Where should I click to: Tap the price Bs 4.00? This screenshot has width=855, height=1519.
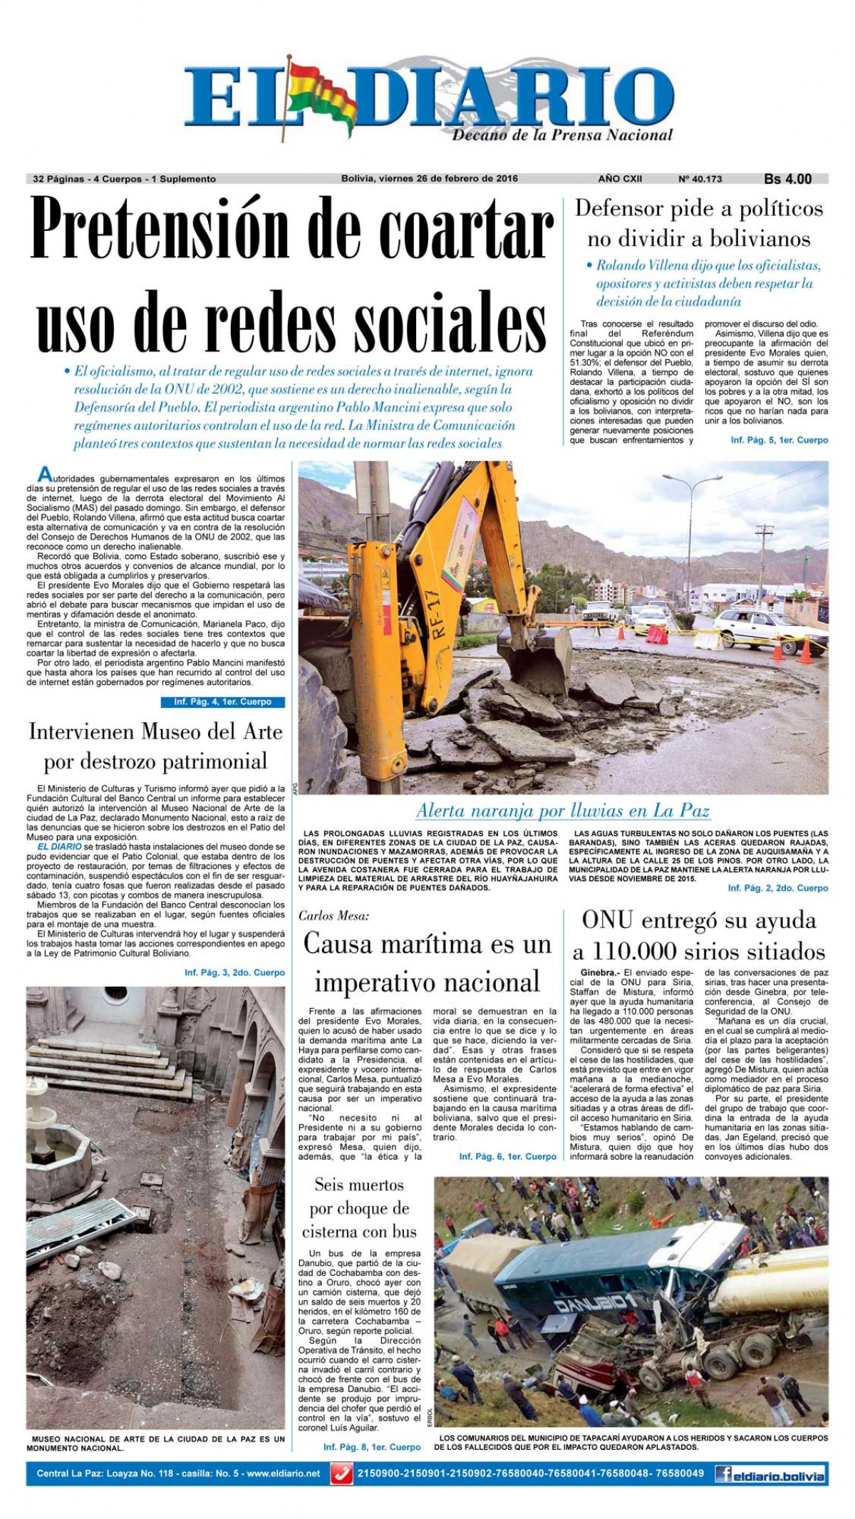pos(787,179)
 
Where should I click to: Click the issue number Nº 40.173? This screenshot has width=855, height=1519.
pos(700,179)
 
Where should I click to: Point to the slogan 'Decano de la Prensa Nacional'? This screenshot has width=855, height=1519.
pos(562,134)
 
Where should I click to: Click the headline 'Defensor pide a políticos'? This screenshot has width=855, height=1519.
pos(698,209)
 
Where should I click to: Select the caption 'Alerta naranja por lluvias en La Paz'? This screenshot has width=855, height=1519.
pos(563,810)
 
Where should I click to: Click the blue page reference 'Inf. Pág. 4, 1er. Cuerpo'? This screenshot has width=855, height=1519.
pos(222,702)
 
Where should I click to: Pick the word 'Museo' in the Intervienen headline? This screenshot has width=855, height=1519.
pos(180,732)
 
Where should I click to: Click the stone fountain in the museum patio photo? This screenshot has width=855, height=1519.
pos(61,1140)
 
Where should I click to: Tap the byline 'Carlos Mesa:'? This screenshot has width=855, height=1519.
pos(334,916)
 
